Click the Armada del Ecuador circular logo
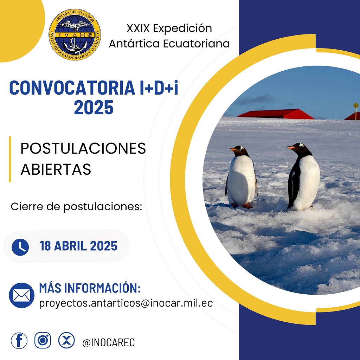pos(75,35)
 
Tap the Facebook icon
pos(19,340)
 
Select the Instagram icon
pos(43,340)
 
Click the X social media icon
pos(66,340)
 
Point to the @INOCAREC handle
pos(109,342)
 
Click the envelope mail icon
pos(21,295)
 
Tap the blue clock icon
pos(20,247)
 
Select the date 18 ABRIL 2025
pos(78,246)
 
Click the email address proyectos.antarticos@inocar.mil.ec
pos(126,303)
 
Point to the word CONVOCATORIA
pos(72,88)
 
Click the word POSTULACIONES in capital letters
pos(83,148)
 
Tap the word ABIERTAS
pos(56,169)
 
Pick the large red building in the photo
pos(276,114)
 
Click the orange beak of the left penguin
pos(234,149)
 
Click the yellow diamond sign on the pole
pos(356,105)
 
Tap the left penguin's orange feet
pos(242,205)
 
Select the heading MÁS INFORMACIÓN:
pos(90,288)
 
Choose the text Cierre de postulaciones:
pos(76,207)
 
